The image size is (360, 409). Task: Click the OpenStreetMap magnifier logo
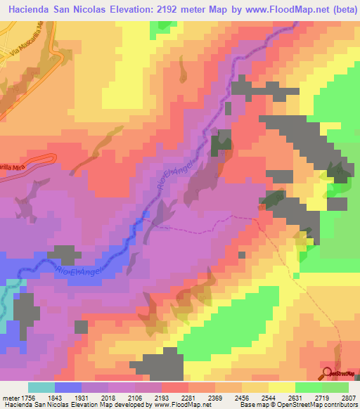(327, 373)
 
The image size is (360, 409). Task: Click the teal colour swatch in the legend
(41, 387)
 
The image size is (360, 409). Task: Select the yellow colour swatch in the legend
(282, 387)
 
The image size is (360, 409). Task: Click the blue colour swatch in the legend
(68, 387)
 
